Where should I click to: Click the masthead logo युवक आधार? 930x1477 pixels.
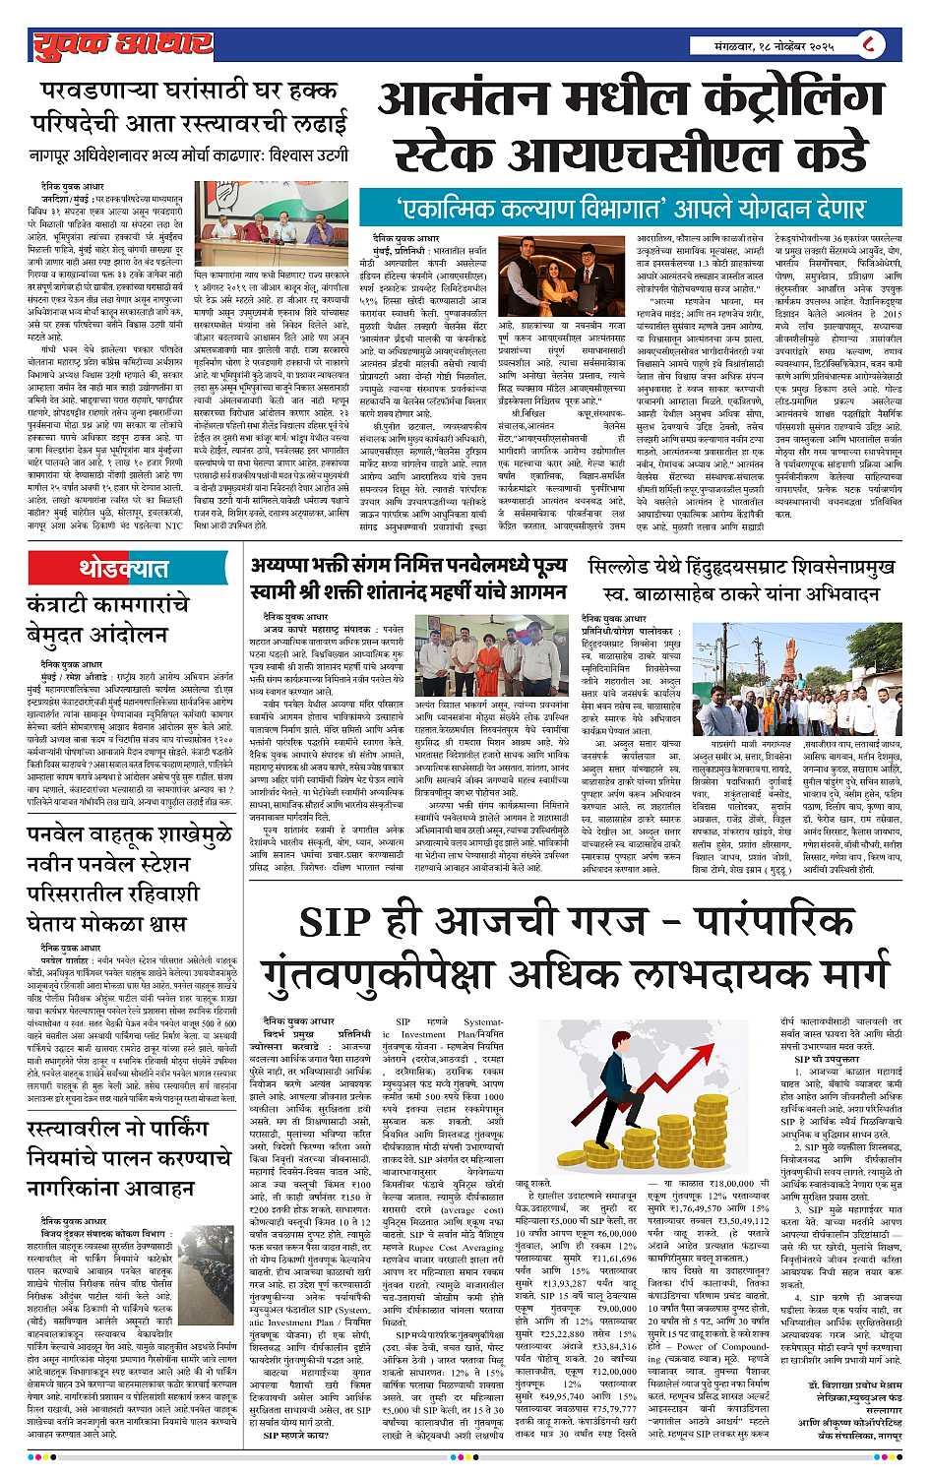point(121,43)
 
